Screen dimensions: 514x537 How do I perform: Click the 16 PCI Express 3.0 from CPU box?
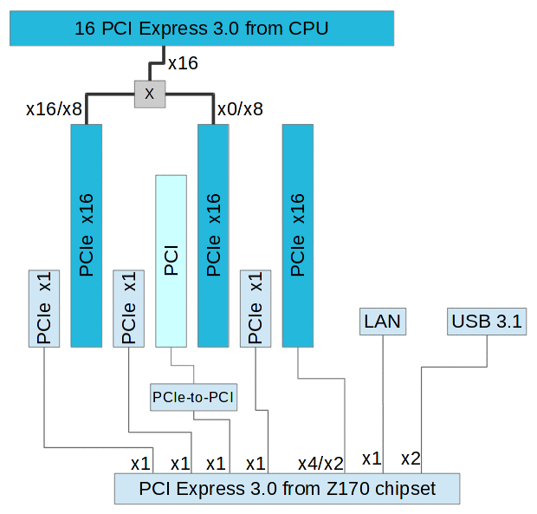coord(201,28)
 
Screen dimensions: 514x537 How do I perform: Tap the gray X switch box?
coord(149,94)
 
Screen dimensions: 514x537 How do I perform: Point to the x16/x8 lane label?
coord(54,109)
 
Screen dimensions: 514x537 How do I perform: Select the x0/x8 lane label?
coord(240,109)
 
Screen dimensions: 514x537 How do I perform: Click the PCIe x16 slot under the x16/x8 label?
coord(86,234)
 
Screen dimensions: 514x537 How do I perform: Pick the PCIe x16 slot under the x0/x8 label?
coord(213,234)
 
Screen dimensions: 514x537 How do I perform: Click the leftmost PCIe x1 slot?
coord(44,308)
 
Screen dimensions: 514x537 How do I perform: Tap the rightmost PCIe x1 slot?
coord(256,308)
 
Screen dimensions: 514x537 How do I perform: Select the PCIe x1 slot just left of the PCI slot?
coord(128,308)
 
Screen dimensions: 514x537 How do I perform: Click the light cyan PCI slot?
coord(171,260)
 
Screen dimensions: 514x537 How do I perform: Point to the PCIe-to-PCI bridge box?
coord(193,397)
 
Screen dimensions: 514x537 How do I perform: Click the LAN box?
coord(382,322)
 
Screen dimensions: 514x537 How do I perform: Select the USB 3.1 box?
coord(487,322)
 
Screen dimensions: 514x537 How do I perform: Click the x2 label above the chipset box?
coord(411,458)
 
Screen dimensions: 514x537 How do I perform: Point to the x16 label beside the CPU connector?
coord(183,62)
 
